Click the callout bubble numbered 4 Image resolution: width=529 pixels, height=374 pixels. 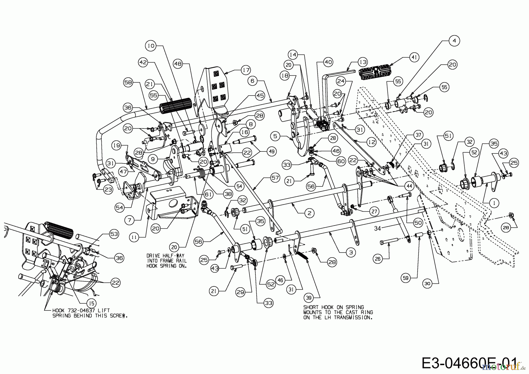(x=454, y=41)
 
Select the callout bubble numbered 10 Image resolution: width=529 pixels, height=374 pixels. (x=151, y=46)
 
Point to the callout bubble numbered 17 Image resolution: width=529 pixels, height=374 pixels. (x=246, y=70)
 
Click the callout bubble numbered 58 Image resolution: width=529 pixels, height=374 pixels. (x=128, y=83)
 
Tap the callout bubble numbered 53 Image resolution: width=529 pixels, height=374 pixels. (x=114, y=234)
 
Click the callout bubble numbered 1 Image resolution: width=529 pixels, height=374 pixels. (x=494, y=203)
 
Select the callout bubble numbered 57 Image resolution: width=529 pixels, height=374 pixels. (x=275, y=178)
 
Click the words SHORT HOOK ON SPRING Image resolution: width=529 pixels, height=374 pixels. (x=334, y=307)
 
